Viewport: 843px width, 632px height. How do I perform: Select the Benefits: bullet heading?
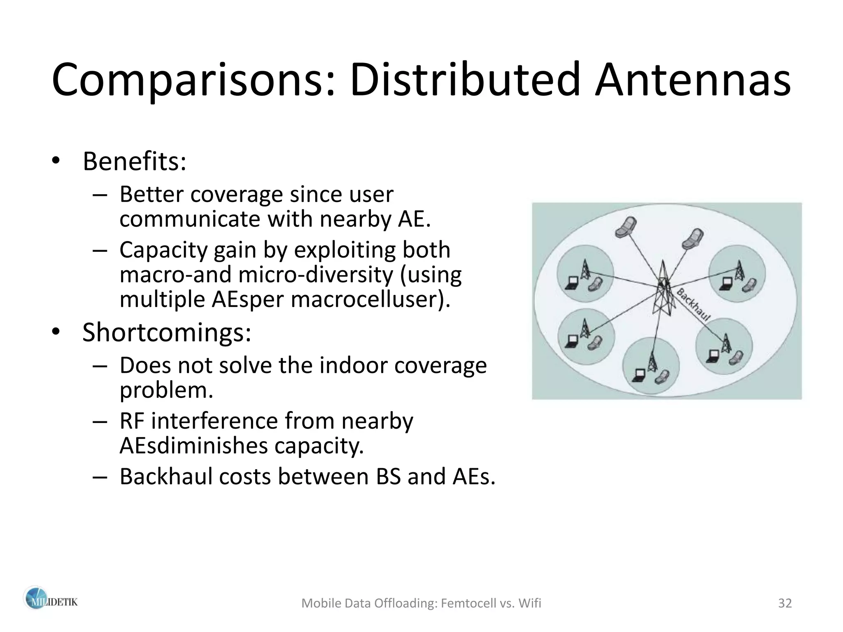click(x=134, y=161)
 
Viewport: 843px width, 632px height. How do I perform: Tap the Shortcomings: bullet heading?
click(x=166, y=332)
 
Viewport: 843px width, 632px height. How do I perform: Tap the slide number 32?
click(x=785, y=603)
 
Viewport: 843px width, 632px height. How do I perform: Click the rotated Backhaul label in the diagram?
click(x=694, y=304)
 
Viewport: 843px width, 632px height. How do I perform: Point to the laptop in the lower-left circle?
click(x=572, y=341)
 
